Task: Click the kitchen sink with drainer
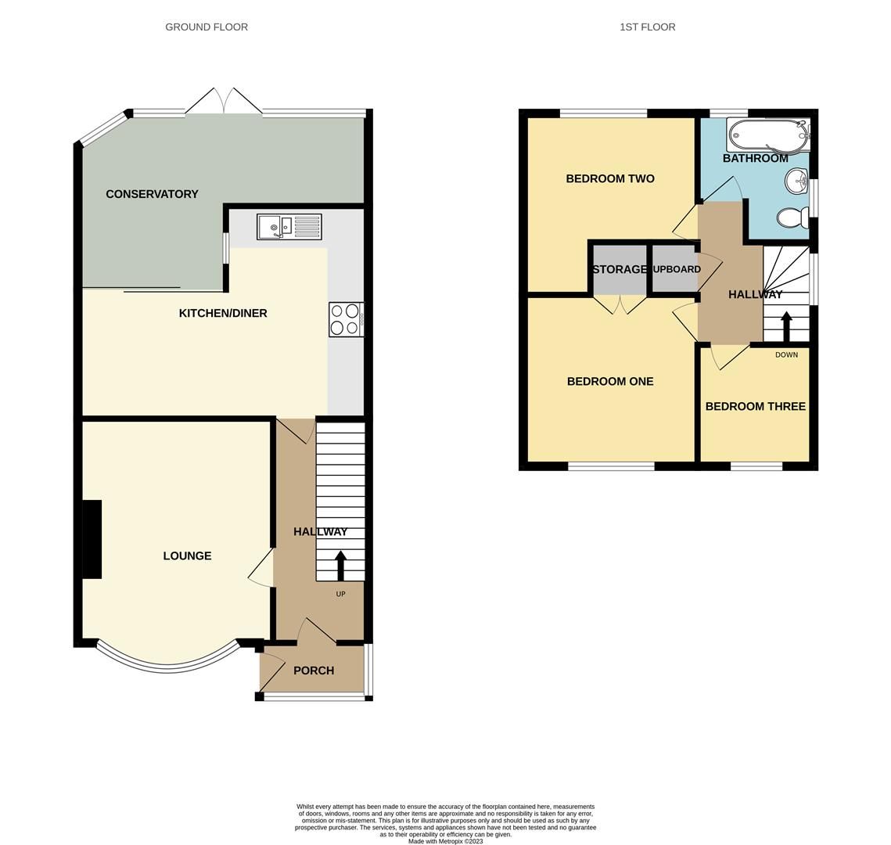pos(289,227)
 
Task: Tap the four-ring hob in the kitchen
pos(346,319)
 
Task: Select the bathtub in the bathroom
pos(768,135)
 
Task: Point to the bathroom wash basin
pos(797,182)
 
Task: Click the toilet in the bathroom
pos(793,217)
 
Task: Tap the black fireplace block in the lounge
pos(92,539)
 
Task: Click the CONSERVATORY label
pos(152,194)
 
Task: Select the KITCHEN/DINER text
pos(223,313)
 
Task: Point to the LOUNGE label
pos(187,556)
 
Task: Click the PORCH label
pos(314,671)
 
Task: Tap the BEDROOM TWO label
pos(610,178)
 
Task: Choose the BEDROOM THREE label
pos(755,406)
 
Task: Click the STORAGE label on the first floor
pos(620,269)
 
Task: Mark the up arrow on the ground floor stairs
pos(340,565)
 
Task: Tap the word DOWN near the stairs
pos(786,354)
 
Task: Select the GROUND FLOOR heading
pos(207,27)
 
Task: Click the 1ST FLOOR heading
pos(647,27)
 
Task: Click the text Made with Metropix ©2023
pos(445,841)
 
